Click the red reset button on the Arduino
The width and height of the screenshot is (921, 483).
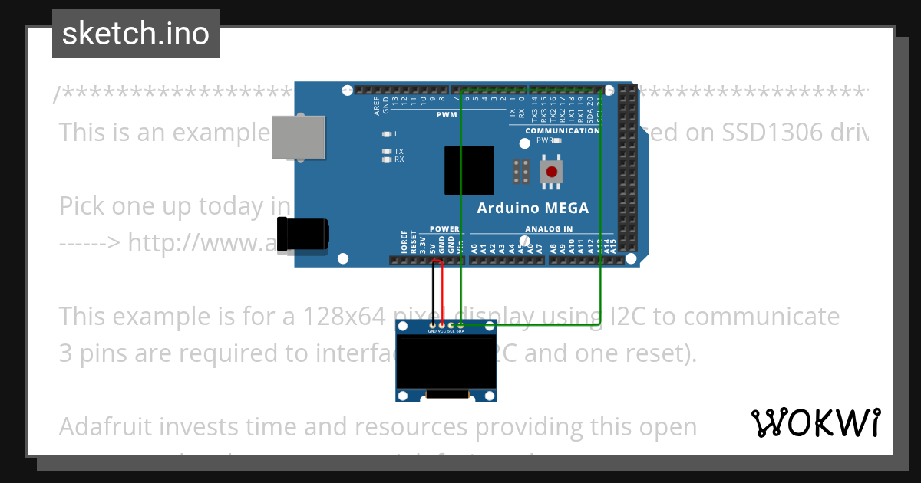point(550,172)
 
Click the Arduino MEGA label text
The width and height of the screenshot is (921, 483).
point(533,208)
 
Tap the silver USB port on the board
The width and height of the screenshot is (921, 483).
point(299,138)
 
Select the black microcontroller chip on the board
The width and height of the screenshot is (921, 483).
point(469,170)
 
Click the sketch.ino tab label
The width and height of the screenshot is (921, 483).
point(136,34)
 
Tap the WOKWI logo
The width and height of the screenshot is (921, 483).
point(815,422)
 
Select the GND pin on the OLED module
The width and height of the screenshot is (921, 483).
point(432,326)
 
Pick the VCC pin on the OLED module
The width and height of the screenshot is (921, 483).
point(441,326)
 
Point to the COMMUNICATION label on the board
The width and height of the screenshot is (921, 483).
point(562,131)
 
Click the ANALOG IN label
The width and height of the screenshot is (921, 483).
point(548,229)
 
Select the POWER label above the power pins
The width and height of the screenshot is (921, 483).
point(444,229)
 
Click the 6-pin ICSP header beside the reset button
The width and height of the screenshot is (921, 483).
point(520,172)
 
